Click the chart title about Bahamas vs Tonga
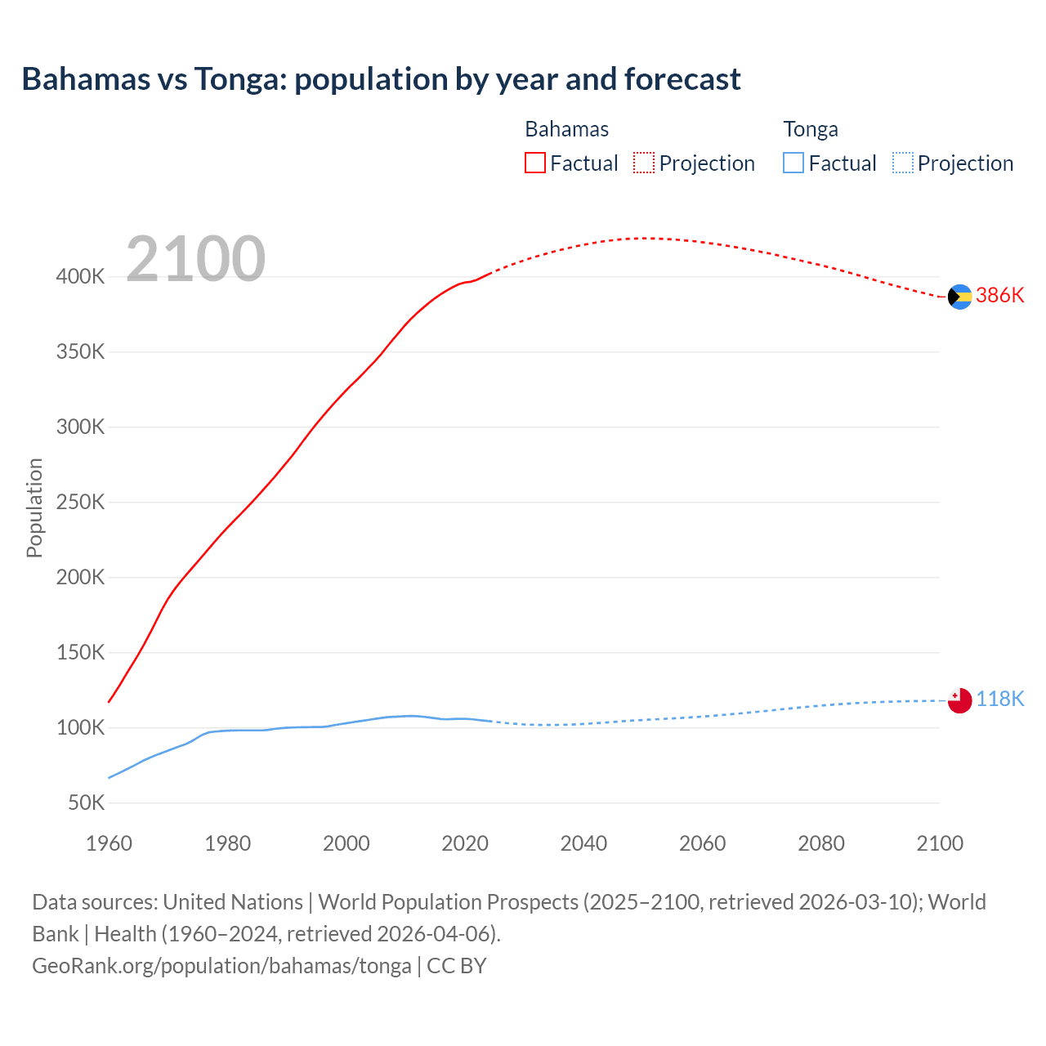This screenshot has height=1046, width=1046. [381, 79]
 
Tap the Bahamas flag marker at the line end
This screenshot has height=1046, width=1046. [959, 297]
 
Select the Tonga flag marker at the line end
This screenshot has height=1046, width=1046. [959, 700]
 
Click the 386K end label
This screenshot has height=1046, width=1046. [999, 296]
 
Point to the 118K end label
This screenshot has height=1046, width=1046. [999, 700]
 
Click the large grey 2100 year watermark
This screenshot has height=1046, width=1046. [195, 259]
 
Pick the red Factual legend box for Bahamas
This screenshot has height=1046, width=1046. [534, 163]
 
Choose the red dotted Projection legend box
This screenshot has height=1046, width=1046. [644, 163]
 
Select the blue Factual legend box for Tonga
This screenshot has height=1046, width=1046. [793, 163]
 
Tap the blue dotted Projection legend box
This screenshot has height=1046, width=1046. [902, 163]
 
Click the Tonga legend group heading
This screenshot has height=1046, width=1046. [811, 129]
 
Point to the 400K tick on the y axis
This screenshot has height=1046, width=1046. [81, 277]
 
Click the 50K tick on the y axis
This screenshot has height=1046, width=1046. [86, 803]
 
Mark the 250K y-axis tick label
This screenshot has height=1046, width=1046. [81, 503]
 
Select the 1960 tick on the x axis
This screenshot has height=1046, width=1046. [109, 843]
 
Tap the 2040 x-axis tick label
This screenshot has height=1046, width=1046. [583, 843]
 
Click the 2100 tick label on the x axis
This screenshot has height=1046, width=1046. [940, 843]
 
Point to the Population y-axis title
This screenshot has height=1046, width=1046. [34, 507]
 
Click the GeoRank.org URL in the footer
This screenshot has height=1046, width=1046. [221, 966]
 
